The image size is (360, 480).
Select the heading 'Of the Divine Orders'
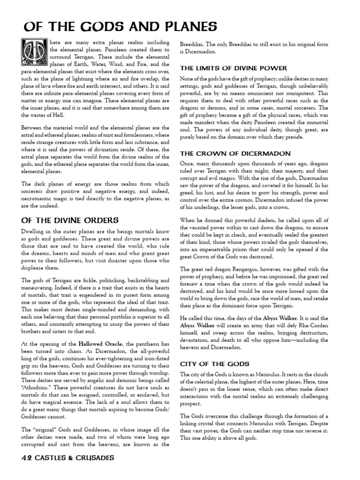(x=70, y=220)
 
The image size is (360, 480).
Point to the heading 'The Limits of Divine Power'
(x=228, y=68)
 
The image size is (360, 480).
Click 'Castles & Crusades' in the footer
(x=75, y=457)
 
